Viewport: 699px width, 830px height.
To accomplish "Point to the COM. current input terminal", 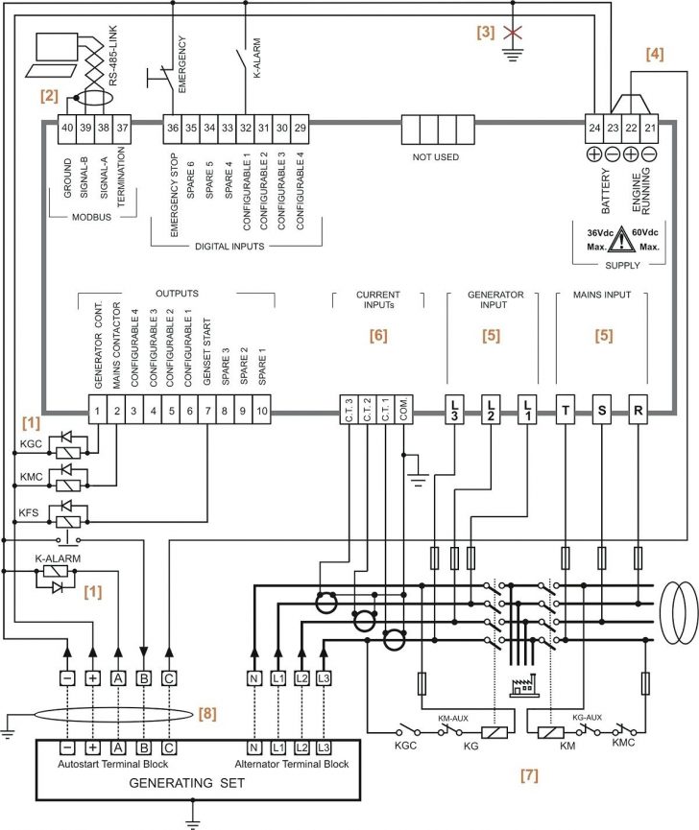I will [404, 411].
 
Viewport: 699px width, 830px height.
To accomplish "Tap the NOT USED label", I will [435, 156].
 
